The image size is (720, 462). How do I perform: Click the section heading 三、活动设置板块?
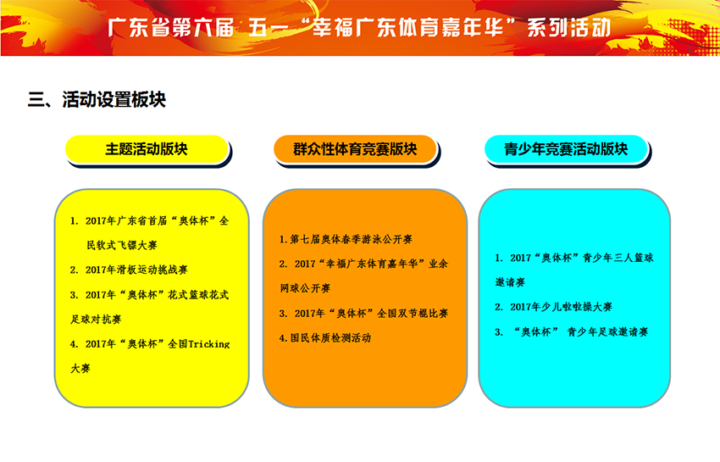pos(97,99)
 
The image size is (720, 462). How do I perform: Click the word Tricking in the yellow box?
pos(209,344)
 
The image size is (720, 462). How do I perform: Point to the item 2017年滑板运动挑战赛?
pos(136,270)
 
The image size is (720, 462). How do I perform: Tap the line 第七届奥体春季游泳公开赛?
pos(351,239)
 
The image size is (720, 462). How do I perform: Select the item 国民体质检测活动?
pos(330,338)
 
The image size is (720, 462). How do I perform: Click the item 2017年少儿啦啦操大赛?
pos(561,307)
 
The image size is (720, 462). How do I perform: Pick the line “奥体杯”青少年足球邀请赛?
pos(581,332)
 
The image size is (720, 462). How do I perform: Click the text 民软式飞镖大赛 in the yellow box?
pos(122,245)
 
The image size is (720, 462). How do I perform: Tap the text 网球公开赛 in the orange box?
pos(305,288)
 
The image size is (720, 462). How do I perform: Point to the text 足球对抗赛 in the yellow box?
pos(96,319)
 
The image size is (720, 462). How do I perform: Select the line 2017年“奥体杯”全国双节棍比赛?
pos(371,314)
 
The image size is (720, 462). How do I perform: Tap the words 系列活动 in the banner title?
pos(569,28)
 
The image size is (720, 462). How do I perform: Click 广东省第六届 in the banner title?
pos(171,28)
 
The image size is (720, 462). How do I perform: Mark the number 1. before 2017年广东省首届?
pos(75,221)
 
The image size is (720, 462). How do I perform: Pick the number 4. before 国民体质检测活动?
pos(283,338)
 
